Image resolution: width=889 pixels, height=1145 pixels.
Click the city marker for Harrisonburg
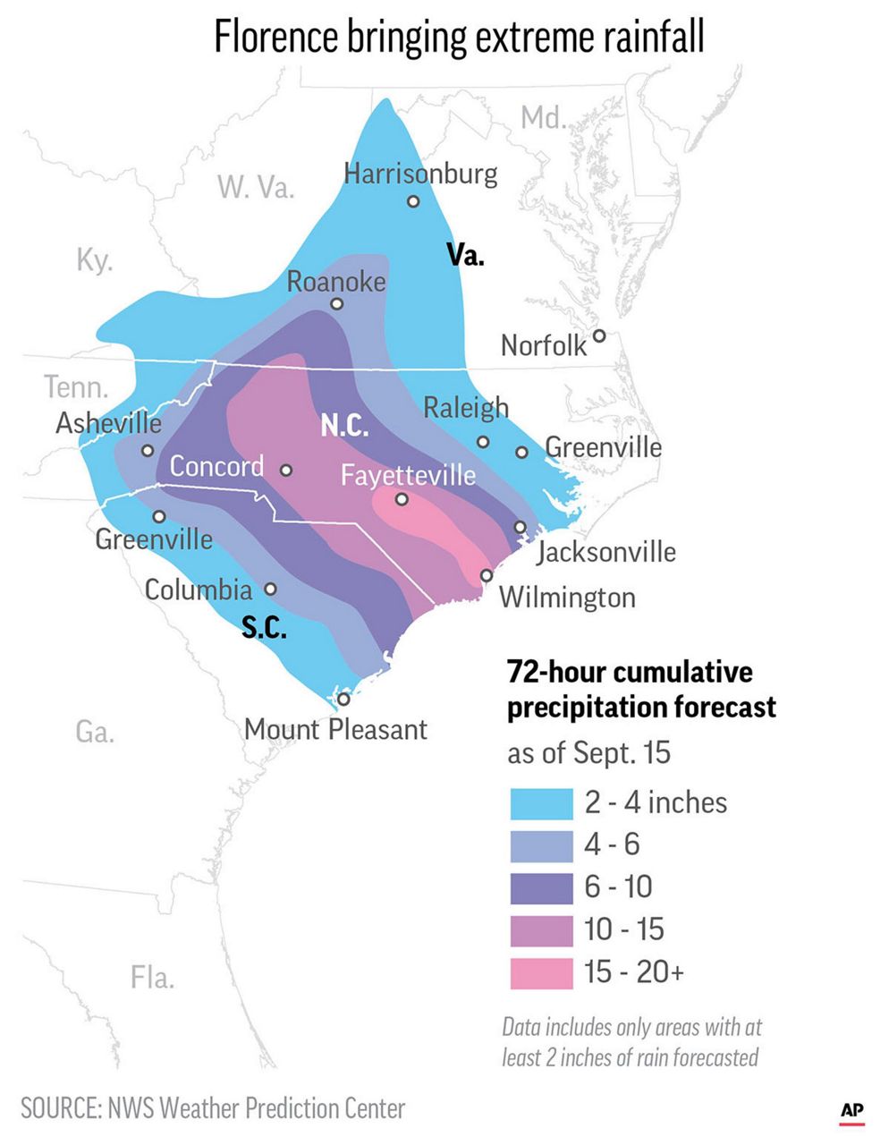(413, 201)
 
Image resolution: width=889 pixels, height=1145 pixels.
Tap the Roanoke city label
(336, 282)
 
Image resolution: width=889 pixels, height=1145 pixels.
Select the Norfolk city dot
(599, 335)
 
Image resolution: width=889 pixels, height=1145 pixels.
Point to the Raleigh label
(465, 408)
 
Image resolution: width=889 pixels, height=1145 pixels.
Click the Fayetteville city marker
(402, 499)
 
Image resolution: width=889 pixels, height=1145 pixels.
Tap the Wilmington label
(567, 598)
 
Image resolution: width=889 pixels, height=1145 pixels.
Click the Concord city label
(217, 466)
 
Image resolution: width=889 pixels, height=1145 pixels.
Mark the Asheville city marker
(148, 451)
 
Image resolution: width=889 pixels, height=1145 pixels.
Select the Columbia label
(199, 589)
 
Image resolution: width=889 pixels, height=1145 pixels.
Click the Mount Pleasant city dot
(343, 699)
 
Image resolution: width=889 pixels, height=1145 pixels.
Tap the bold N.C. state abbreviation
(345, 426)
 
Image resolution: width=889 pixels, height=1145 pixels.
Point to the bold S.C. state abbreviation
(265, 629)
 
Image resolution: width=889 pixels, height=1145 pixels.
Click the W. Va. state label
(256, 187)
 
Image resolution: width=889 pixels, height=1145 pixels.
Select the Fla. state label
(152, 978)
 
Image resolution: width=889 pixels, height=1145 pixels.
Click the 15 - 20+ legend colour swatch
(541, 973)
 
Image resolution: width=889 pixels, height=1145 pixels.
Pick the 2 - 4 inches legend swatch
(541, 803)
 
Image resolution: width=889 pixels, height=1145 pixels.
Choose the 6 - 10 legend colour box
(541, 888)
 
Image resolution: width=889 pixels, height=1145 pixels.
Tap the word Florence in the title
(276, 38)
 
